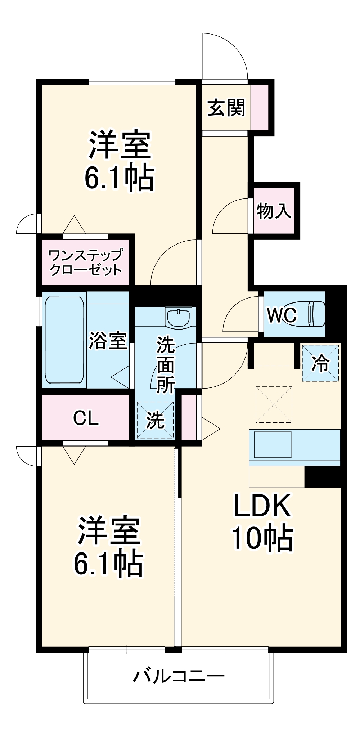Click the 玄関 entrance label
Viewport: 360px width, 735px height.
226,108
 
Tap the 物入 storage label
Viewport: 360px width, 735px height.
274,210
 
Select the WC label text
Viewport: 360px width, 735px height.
282,315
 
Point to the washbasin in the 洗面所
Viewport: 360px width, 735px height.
178,317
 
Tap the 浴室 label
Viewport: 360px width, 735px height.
108,340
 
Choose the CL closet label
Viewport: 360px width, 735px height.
86,418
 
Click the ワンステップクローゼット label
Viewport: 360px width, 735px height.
85,262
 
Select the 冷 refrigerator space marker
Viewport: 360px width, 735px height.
320,363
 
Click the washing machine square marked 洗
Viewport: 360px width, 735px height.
155,420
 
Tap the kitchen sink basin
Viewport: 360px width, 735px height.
273,445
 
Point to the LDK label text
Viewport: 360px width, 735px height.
262,506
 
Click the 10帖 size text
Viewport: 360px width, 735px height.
262,538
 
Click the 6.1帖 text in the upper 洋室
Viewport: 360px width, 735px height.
119,178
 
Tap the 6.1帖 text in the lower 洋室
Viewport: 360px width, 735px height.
108,563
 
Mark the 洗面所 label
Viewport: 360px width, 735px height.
165,364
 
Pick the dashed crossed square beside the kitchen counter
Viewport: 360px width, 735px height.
274,404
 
